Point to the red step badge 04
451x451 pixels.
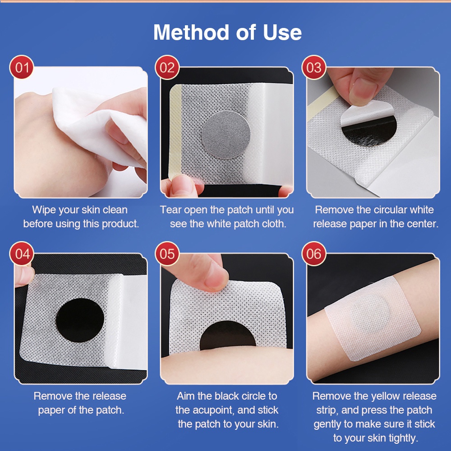tap(22, 253)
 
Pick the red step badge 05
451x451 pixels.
tap(167, 253)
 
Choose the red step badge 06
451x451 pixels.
tap(314, 253)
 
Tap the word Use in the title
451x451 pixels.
tap(282, 32)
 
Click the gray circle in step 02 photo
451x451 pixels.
tap(226, 135)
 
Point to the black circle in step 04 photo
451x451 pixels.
tap(80, 320)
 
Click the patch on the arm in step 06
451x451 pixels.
tap(373, 319)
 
